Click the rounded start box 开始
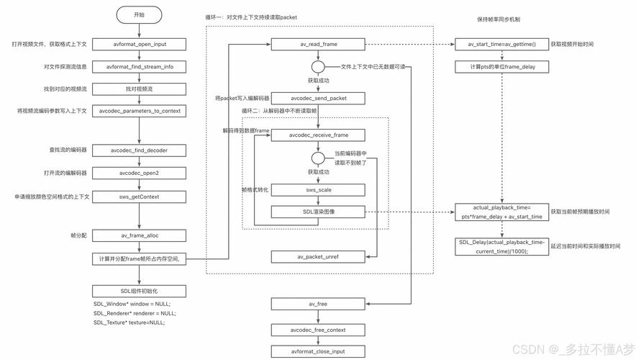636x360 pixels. click(x=139, y=14)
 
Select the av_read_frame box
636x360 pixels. click(x=319, y=45)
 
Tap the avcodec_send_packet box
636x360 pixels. click(x=319, y=97)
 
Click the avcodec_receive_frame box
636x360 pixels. click(x=319, y=135)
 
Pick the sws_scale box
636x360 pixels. click(x=319, y=190)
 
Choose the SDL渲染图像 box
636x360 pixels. click(x=319, y=212)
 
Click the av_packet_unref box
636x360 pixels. click(x=319, y=256)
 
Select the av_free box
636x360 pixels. click(x=319, y=305)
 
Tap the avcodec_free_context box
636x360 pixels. click(x=319, y=330)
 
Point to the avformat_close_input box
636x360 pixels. click(x=319, y=351)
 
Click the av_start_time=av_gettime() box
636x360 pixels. click(x=502, y=45)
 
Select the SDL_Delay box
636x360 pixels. click(x=502, y=246)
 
